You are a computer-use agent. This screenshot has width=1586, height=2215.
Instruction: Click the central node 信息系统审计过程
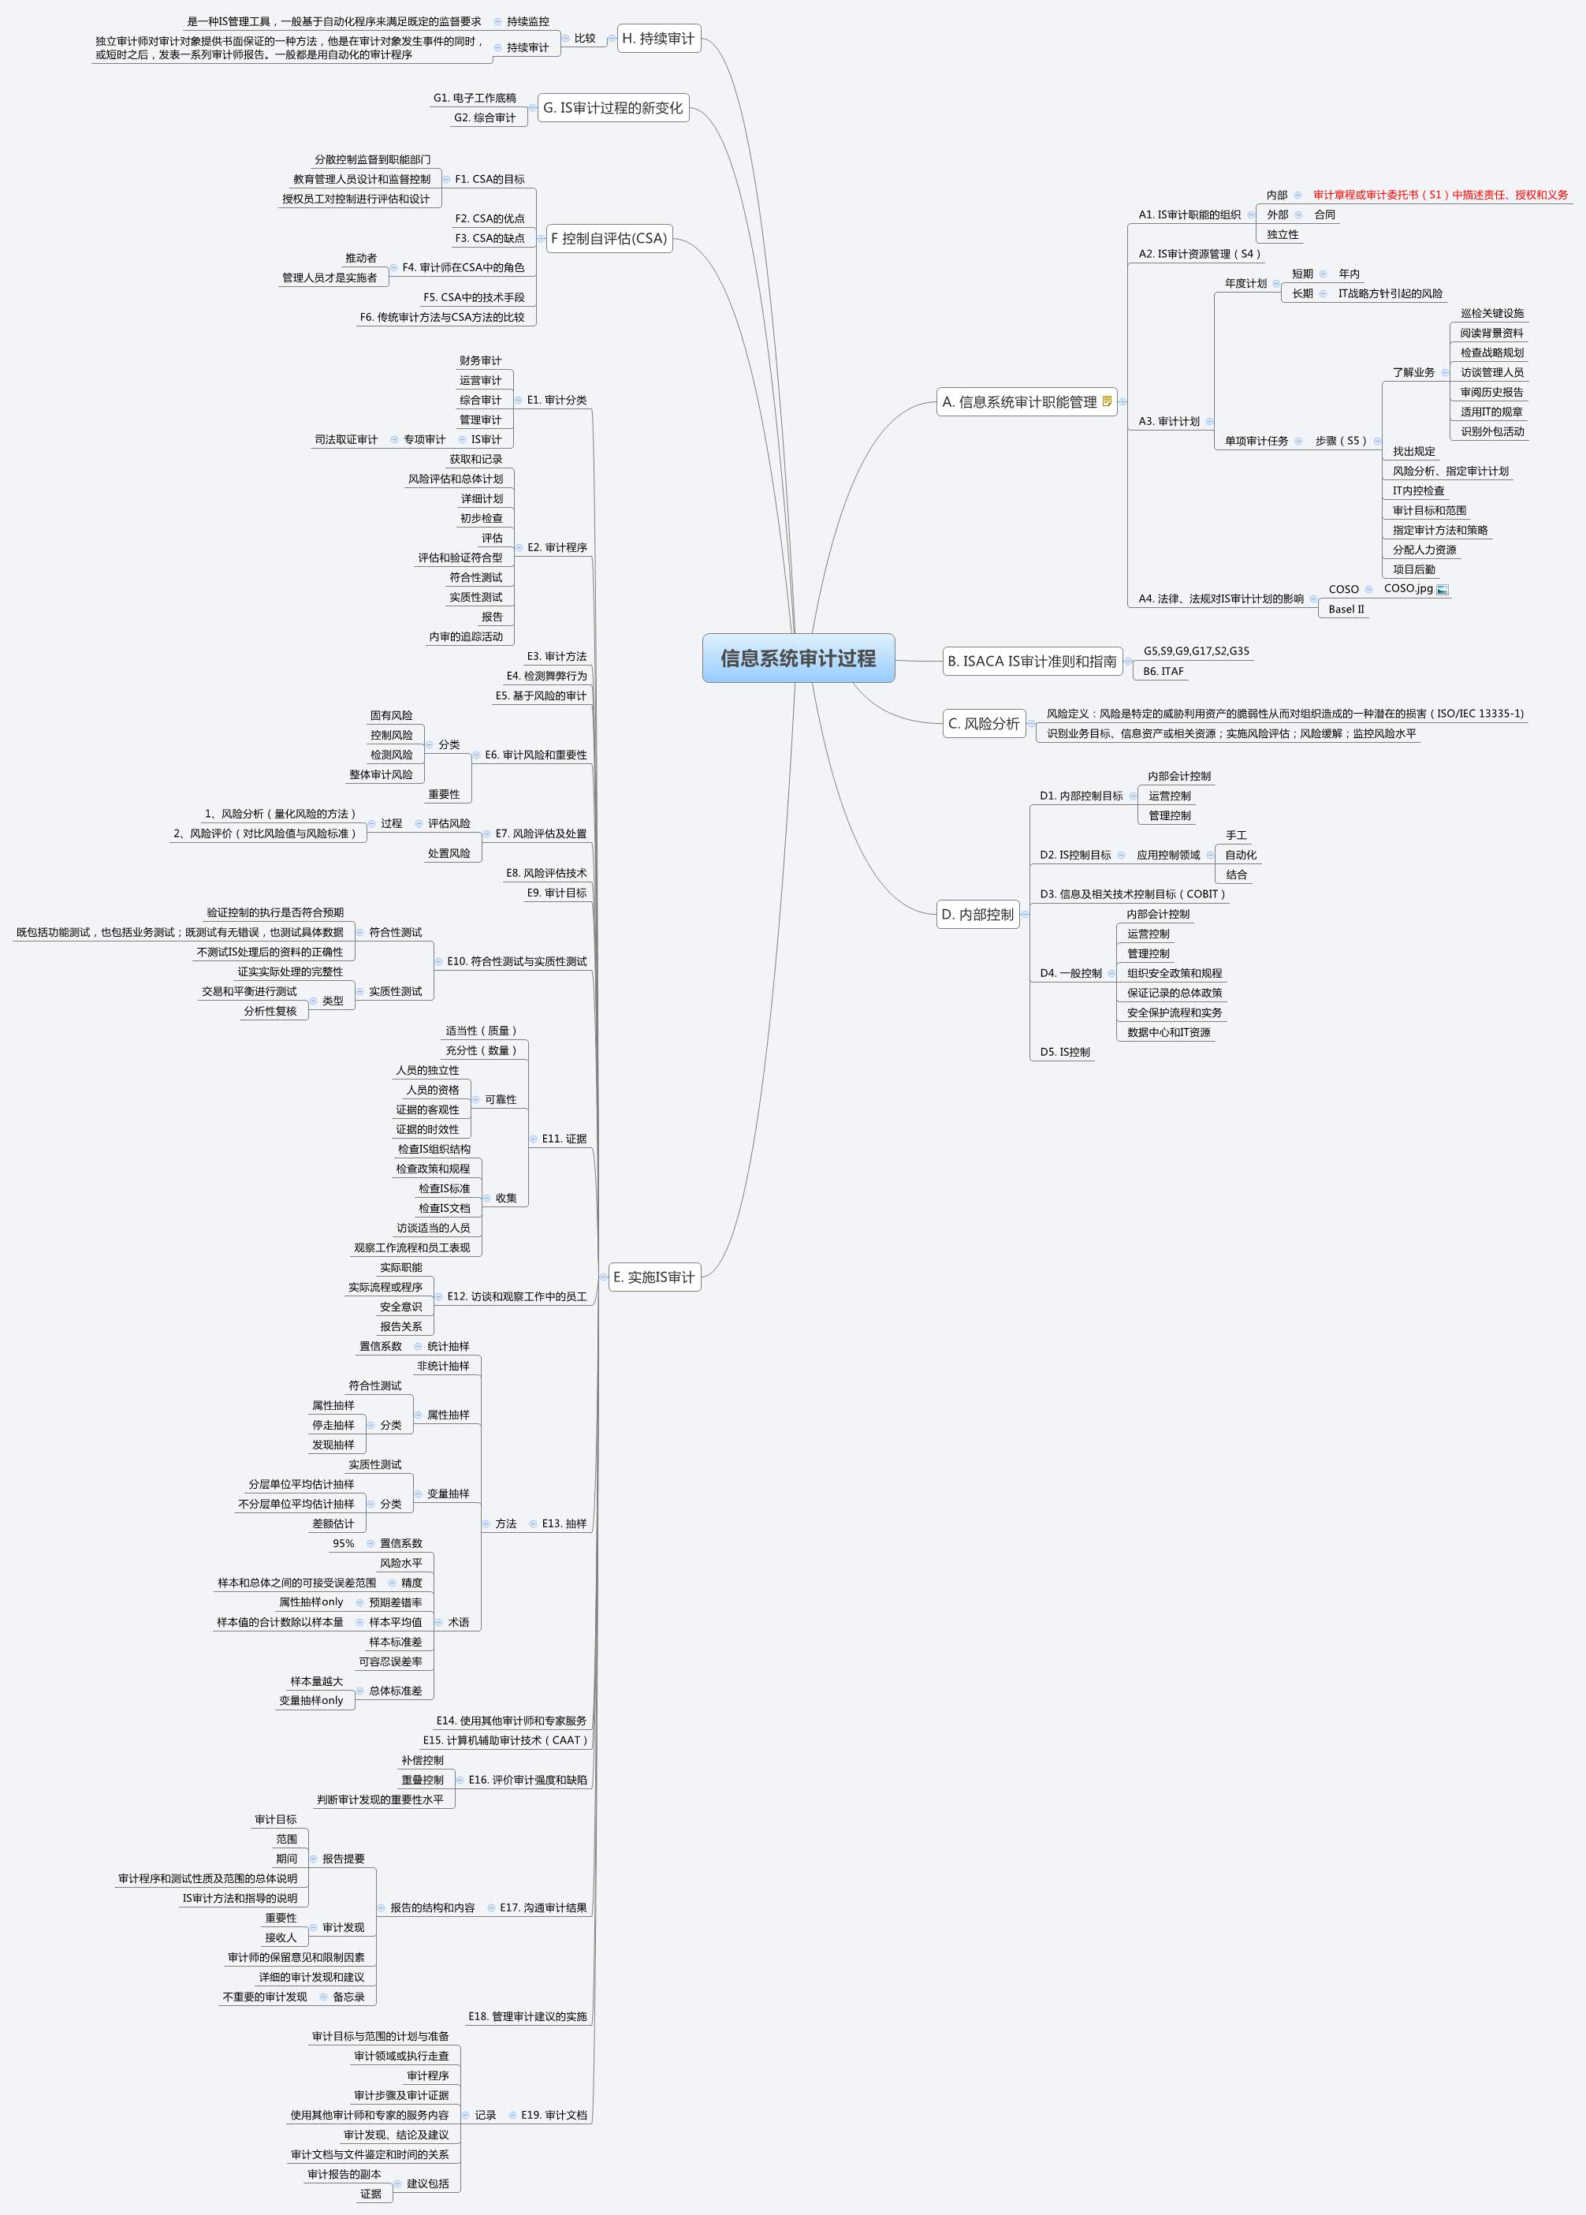[798, 658]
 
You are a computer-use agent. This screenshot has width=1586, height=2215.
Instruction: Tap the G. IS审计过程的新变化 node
[613, 108]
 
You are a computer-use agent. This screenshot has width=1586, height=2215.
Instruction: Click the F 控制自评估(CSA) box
[609, 238]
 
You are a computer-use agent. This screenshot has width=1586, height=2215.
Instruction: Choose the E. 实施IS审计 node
[654, 1277]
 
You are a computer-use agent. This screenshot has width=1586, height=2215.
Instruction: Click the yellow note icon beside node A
[1107, 401]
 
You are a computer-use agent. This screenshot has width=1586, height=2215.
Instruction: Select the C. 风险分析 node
[984, 724]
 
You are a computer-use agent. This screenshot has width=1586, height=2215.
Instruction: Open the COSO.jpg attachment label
[1409, 589]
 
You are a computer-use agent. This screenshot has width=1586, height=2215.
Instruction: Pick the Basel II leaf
[1346, 610]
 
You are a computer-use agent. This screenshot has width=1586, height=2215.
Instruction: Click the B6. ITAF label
[1163, 672]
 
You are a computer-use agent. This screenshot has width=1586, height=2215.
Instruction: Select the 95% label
[343, 1544]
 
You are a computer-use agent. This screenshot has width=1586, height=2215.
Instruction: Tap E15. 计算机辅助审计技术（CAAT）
[505, 1740]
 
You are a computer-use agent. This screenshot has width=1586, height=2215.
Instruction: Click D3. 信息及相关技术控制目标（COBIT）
[1132, 894]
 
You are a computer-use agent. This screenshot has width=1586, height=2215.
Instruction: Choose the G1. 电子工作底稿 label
[475, 99]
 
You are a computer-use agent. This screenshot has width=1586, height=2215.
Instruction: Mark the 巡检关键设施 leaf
[1491, 314]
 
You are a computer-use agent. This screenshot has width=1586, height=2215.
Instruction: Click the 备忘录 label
[348, 1997]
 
